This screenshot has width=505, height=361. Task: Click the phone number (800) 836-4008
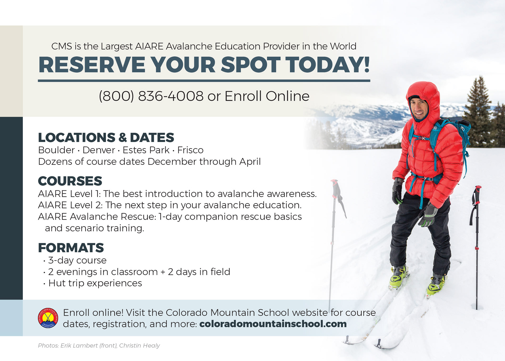(151, 96)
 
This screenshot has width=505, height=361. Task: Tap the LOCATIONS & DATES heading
(106, 138)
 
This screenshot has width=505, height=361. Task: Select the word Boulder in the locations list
(56, 150)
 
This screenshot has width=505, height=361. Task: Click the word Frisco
(190, 150)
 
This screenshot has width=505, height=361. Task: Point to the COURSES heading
(70, 181)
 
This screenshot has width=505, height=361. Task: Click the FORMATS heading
(71, 248)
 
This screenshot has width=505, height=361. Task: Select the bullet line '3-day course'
(77, 260)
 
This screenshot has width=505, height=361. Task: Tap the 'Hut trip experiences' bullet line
(95, 283)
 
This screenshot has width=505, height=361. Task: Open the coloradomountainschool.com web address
(273, 324)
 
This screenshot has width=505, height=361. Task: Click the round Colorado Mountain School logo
(48, 318)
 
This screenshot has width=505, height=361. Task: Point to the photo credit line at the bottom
(99, 345)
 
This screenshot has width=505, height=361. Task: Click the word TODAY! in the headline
(328, 65)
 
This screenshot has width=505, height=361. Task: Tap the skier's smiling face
(420, 108)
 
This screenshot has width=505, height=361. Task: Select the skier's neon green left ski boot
(398, 278)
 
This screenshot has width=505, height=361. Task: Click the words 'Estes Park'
(146, 150)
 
